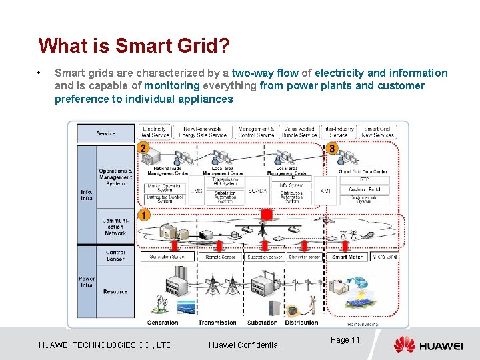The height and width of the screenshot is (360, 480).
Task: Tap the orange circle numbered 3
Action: tap(333, 148)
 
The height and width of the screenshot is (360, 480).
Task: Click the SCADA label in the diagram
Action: tap(257, 191)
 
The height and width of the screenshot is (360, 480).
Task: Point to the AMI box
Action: tap(326, 191)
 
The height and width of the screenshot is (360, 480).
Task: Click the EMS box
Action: tap(197, 191)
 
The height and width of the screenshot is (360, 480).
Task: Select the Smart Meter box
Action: tap(347, 257)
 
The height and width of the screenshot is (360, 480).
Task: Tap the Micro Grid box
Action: tap(385, 257)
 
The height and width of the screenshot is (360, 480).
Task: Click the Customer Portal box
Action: tap(364, 189)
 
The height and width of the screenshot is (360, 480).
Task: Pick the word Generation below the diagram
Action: tap(163, 323)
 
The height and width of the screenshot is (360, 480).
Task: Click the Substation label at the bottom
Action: tap(262, 323)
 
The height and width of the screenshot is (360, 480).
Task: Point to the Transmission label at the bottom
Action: tap(217, 323)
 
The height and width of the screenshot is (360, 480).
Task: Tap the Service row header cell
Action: tap(106, 133)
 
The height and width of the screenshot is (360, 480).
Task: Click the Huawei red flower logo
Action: tap(404, 345)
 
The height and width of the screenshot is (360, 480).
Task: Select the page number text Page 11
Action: tap(345, 340)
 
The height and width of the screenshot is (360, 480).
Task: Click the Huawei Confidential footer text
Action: tap(244, 345)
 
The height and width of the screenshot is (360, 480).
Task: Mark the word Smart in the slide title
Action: tap(139, 45)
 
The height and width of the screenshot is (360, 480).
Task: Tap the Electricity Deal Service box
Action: tap(155, 132)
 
